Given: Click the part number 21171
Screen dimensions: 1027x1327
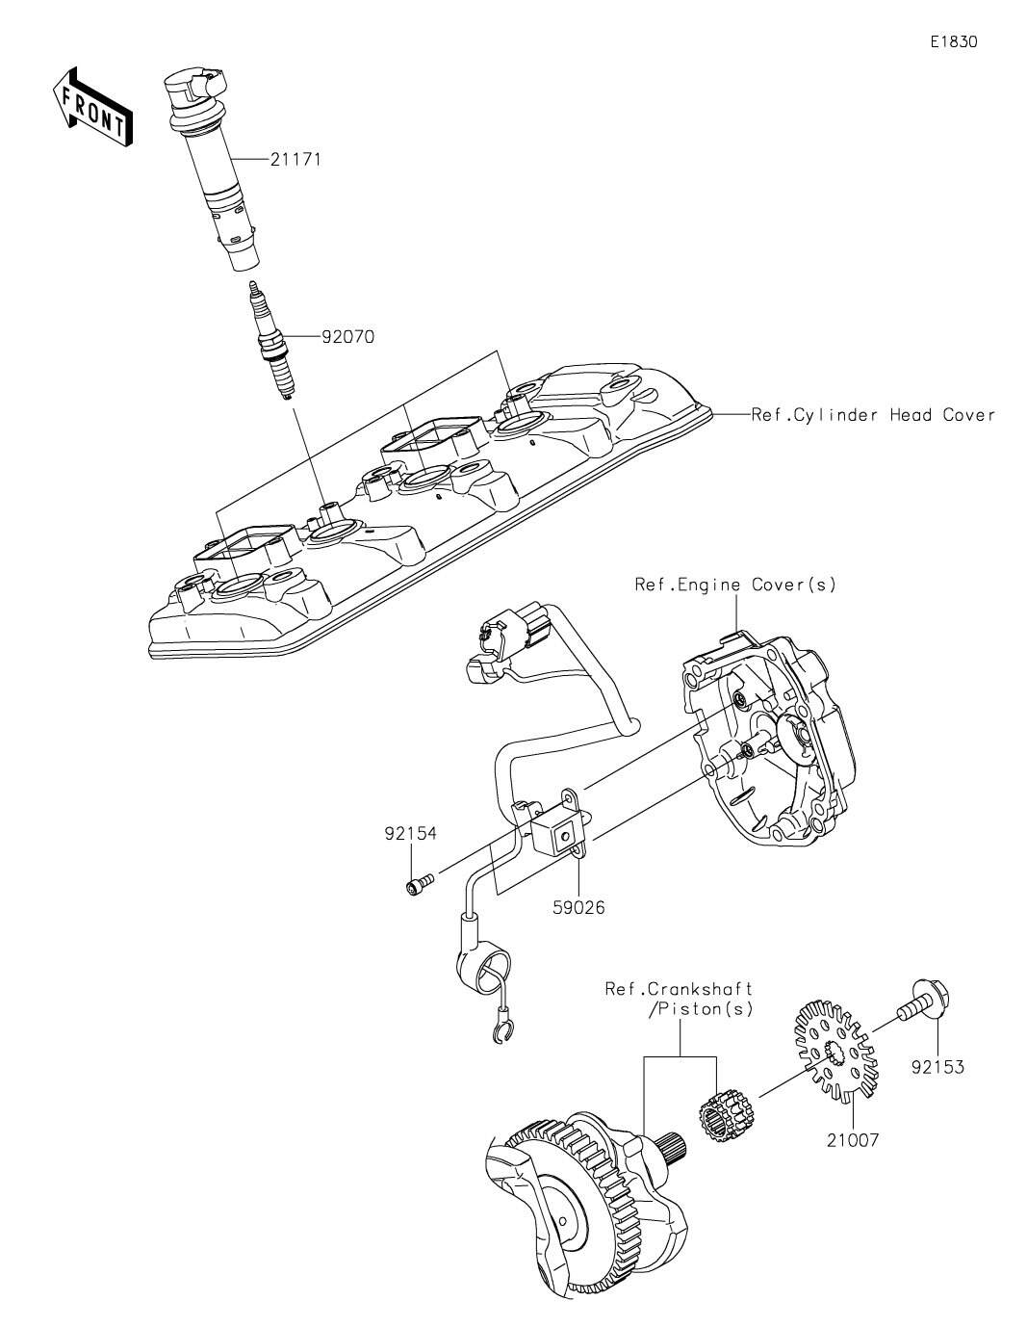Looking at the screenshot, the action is (x=295, y=160).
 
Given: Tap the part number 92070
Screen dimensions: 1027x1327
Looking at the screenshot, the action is (x=347, y=336).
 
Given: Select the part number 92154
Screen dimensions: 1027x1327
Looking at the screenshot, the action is (x=411, y=833).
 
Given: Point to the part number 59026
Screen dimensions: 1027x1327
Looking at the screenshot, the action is (x=578, y=924).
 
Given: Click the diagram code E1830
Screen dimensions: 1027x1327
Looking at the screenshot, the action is (x=954, y=41).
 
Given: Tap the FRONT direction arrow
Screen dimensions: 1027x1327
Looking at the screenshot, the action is (x=92, y=107).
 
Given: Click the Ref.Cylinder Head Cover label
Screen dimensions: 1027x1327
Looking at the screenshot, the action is (x=873, y=415).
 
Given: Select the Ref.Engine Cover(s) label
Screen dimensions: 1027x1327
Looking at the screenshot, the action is (x=735, y=585).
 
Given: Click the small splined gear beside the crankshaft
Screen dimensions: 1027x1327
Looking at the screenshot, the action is (x=726, y=1116).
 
